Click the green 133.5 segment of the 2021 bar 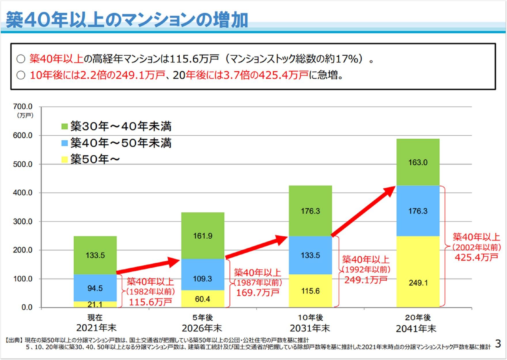(95, 255)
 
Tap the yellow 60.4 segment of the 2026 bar (203, 299)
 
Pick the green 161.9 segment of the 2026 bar (203, 236)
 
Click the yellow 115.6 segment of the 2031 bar (310, 291)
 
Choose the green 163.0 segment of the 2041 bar (418, 162)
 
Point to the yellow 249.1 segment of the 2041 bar (418, 282)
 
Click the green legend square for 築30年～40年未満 (65, 127)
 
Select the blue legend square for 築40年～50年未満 (65, 143)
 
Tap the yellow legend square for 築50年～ (65, 159)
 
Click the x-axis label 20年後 (418, 318)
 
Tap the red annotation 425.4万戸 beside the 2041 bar (476, 257)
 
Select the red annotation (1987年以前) (258, 282)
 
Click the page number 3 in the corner (498, 344)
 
